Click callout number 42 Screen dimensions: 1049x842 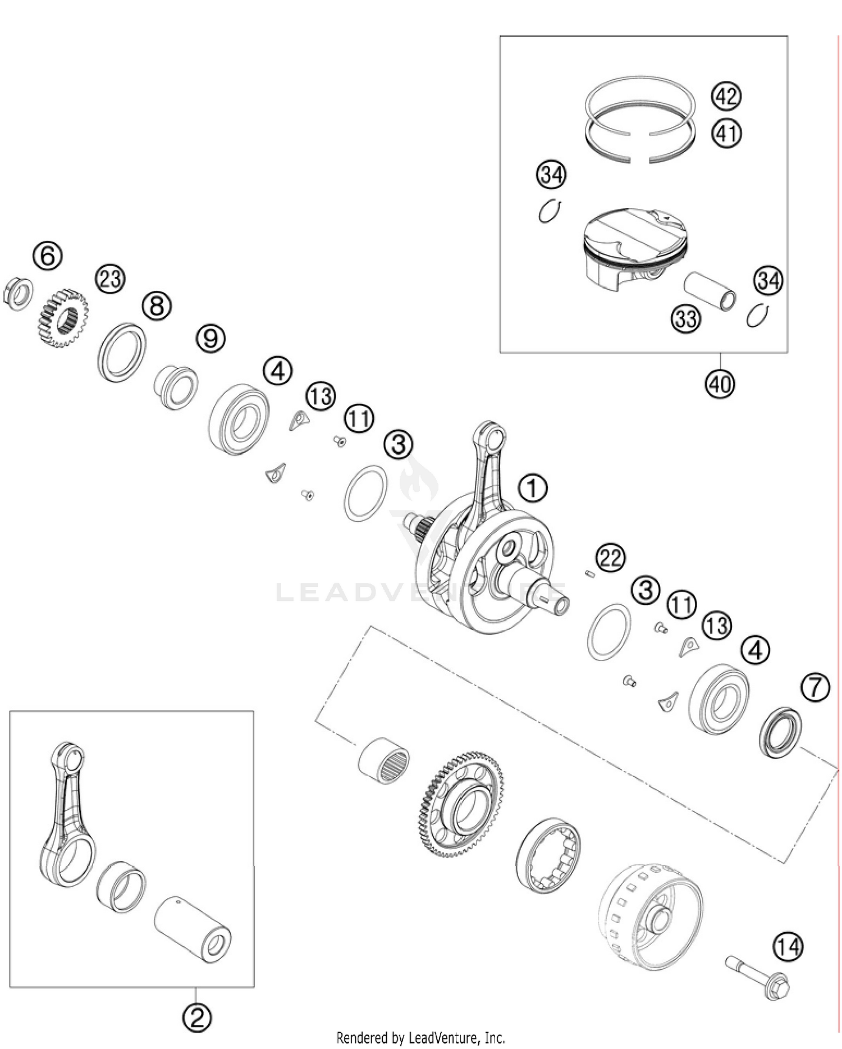click(x=726, y=96)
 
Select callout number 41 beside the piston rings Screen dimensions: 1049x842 click(x=726, y=134)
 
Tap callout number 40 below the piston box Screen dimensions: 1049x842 click(x=720, y=384)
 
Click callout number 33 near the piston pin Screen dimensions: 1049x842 click(x=686, y=319)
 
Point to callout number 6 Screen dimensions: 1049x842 click(x=47, y=256)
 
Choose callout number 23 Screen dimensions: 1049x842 click(x=110, y=279)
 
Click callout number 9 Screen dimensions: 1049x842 click(x=210, y=339)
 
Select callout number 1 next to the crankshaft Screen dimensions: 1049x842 click(x=532, y=487)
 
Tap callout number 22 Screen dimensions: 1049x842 click(x=611, y=558)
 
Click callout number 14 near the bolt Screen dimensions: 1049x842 click(x=788, y=947)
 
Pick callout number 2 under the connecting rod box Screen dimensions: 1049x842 click(x=197, y=1017)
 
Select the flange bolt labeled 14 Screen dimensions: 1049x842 click(x=758, y=978)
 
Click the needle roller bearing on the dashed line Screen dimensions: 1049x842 click(x=385, y=761)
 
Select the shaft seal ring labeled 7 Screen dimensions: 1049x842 click(x=780, y=733)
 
